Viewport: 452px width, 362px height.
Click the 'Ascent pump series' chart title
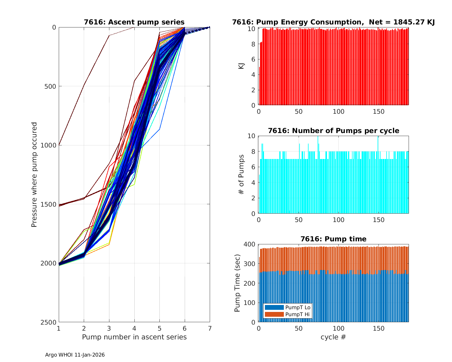[x=134, y=22]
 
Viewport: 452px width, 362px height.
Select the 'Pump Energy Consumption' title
[x=333, y=22]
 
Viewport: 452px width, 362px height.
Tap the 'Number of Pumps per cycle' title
[x=333, y=131]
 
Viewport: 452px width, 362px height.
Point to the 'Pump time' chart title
[x=333, y=239]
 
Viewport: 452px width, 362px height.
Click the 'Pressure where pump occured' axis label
[x=34, y=174]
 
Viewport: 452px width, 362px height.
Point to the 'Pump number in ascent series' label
[x=134, y=337]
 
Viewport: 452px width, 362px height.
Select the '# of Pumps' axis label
[x=241, y=174]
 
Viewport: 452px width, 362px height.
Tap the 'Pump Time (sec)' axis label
[x=237, y=283]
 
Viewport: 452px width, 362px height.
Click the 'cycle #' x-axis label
[x=333, y=337]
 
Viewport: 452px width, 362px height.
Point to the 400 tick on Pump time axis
[x=251, y=244]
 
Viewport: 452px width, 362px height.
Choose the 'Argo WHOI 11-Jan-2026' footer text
[x=75, y=355]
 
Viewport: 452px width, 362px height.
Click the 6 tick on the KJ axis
[x=253, y=59]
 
